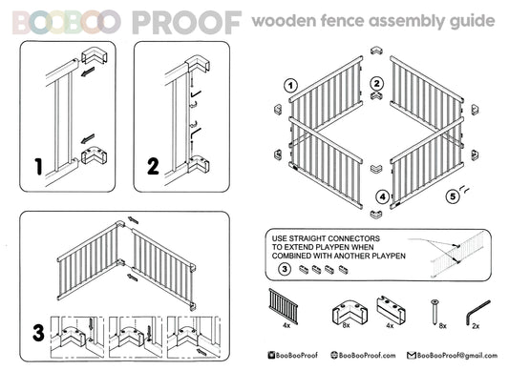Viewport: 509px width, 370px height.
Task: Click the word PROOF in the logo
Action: click(x=186, y=22)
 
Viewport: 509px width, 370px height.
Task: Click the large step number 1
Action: click(x=38, y=167)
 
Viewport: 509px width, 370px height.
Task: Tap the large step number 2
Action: click(x=153, y=166)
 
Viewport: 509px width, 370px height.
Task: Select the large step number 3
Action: click(x=38, y=333)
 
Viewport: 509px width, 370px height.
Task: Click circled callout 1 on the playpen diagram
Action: click(x=290, y=86)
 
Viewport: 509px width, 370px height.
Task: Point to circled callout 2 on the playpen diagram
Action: click(x=376, y=84)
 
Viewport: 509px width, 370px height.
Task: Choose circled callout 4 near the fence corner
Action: click(x=383, y=196)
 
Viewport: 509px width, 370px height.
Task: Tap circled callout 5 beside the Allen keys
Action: click(x=453, y=196)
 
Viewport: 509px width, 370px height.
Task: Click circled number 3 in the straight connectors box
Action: click(x=285, y=269)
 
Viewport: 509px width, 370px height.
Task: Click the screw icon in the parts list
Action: click(x=435, y=312)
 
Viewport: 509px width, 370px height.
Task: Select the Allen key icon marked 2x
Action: click(x=477, y=313)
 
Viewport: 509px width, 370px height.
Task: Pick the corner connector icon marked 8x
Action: click(x=350, y=312)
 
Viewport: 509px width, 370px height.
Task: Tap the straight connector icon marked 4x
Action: click(x=391, y=308)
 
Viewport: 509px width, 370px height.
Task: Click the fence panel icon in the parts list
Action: click(x=283, y=306)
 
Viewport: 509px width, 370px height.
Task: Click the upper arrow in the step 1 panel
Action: click(x=88, y=72)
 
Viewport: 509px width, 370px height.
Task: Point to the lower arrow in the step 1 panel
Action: click(x=88, y=139)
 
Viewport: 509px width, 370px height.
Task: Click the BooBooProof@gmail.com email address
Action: click(x=457, y=356)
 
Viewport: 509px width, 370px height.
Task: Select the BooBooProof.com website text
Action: click(x=367, y=356)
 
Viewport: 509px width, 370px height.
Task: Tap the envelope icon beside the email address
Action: click(x=412, y=356)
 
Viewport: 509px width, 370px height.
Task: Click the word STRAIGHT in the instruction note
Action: click(x=309, y=238)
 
